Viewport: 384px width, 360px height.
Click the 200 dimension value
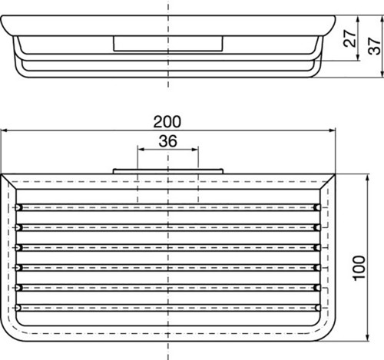(167, 122)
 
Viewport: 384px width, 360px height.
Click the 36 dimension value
(167, 141)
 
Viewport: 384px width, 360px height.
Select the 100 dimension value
(359, 268)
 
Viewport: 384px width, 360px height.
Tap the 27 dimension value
(350, 38)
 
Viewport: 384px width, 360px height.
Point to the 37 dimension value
(374, 46)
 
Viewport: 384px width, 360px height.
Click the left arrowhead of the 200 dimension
(4, 130)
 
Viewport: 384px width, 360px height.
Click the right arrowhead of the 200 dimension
(332, 130)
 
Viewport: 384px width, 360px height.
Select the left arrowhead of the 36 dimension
(141, 150)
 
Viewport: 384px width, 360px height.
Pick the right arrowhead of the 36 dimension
(195, 150)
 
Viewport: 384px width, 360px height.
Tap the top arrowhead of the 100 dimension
(368, 178)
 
